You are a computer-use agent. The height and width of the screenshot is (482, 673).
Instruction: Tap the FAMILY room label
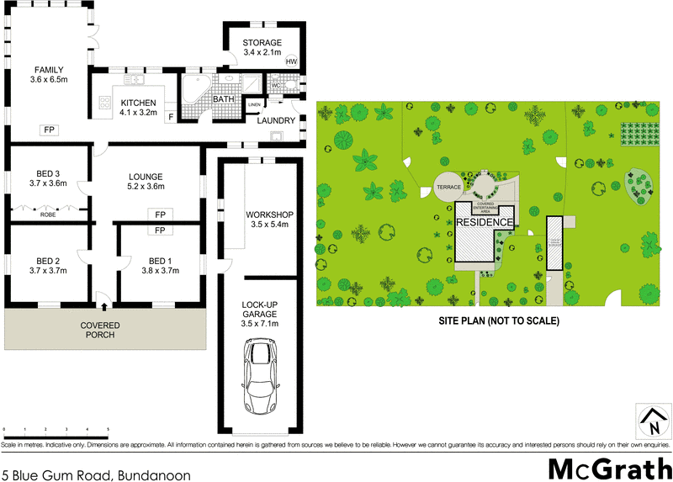pos(50,69)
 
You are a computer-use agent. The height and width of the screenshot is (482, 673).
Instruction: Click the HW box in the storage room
pos(292,61)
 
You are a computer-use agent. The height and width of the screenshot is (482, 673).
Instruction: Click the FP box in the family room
pos(50,130)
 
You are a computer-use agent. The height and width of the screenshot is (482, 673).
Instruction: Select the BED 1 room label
pos(159,261)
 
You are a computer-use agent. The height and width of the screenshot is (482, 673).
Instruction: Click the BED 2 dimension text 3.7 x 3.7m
pos(48,272)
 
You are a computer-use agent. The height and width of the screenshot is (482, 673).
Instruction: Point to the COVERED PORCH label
pos(100,330)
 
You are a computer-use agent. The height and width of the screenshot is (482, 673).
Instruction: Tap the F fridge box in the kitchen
pos(171,117)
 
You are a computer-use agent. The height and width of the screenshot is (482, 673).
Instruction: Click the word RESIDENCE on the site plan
pos(485,222)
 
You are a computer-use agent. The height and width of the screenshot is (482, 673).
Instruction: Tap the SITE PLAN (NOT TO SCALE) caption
pos(497,320)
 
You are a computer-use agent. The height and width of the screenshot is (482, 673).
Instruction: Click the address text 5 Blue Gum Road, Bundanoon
pos(95,474)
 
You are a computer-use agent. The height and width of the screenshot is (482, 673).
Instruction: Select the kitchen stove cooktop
pos(106,103)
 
